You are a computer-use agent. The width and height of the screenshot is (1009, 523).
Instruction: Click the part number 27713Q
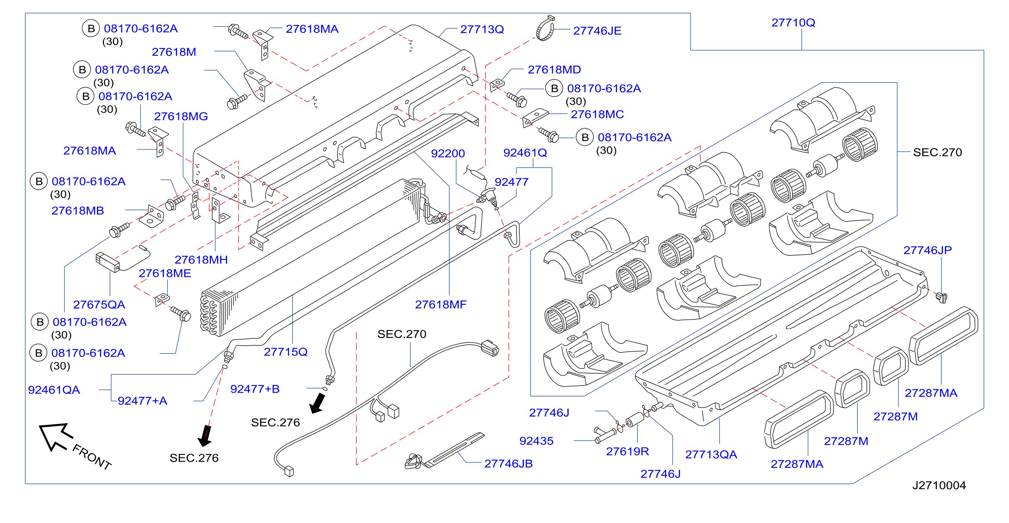point(482,29)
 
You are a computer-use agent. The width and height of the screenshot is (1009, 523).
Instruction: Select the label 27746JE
point(597,31)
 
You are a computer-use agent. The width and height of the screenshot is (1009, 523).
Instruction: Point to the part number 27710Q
point(793,23)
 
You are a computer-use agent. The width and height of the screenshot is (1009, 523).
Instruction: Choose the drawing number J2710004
point(939,485)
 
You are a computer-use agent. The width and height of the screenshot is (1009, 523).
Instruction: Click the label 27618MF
point(441,304)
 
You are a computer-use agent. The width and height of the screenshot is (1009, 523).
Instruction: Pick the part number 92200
point(448,153)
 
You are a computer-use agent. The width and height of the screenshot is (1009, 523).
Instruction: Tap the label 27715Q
point(286,352)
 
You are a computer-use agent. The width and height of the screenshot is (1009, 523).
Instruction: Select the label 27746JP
point(927,250)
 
